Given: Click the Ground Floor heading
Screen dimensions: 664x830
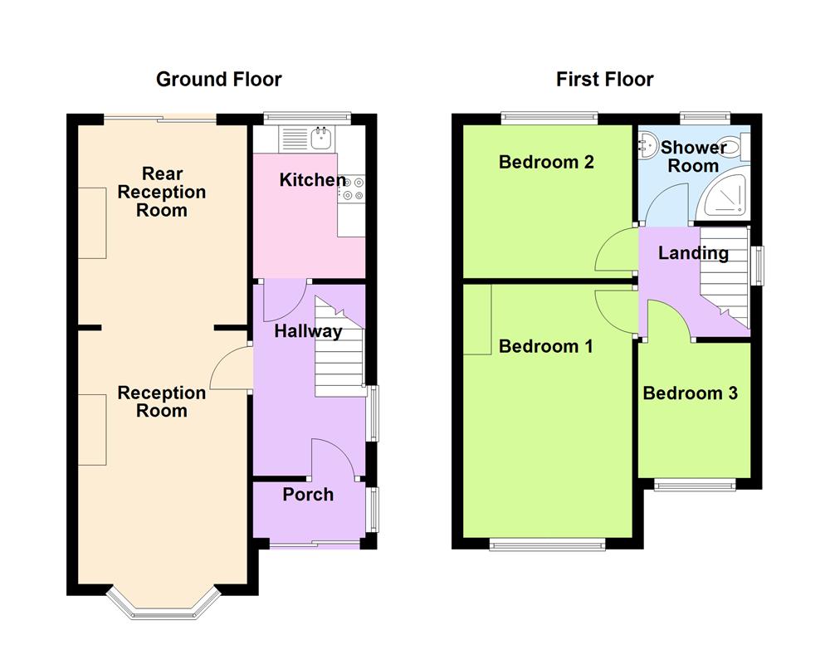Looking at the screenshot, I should tap(219, 80).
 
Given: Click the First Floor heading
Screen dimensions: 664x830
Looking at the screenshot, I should tap(604, 80).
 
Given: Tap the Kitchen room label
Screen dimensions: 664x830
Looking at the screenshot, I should tap(312, 180).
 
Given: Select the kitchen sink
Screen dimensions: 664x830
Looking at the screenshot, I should tap(319, 136).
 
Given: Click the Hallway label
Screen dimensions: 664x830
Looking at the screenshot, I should tap(309, 332).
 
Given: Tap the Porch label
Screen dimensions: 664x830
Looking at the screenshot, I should tap(308, 495).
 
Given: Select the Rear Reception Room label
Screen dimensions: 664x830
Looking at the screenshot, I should tap(162, 192).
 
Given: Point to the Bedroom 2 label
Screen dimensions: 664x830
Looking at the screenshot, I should tap(546, 162).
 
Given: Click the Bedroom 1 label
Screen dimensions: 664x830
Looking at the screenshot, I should tap(545, 346).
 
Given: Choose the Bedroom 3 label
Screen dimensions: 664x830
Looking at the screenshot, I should tap(690, 393).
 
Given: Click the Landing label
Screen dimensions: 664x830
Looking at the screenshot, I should tap(693, 254).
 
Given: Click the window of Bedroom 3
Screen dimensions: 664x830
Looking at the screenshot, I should tap(695, 485).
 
